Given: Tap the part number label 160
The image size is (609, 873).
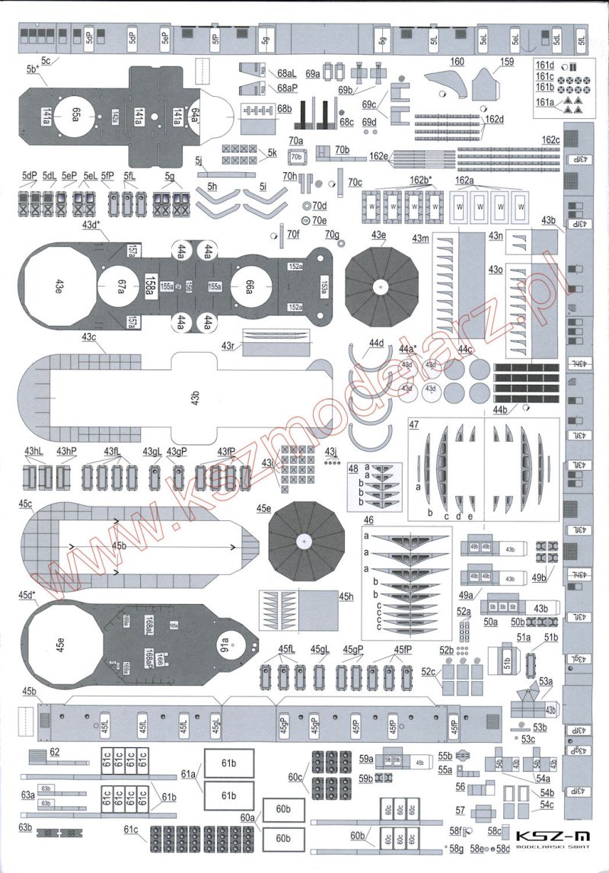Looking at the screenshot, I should click(x=457, y=61).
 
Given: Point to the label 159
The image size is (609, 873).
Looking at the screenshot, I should click(x=507, y=61).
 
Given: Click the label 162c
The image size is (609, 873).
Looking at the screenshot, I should click(x=550, y=140).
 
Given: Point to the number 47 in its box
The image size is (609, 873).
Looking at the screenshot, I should click(x=415, y=424).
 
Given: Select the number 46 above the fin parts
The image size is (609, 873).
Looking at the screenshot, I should click(x=368, y=520).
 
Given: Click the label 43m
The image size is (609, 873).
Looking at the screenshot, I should click(x=420, y=239).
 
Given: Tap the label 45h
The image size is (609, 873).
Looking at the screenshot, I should click(x=347, y=596).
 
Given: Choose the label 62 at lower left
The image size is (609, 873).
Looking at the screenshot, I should click(x=54, y=752).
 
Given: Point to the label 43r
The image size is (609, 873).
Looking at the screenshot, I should click(x=227, y=346).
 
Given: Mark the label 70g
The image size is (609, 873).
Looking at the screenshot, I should click(x=331, y=233).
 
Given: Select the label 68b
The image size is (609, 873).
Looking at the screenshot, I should click(x=284, y=110).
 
